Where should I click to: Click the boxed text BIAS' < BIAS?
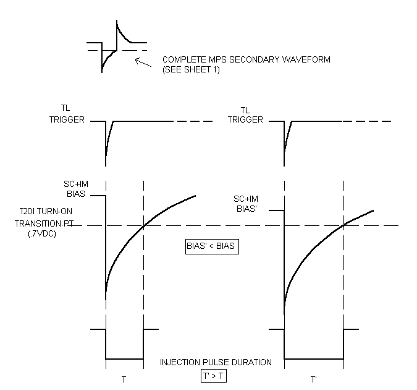point(212,246)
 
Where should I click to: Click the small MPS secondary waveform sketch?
point(117,46)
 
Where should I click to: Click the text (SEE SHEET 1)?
point(191,70)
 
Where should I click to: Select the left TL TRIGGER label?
point(67,115)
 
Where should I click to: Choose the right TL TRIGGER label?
point(246,115)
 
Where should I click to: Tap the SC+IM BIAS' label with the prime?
point(246,203)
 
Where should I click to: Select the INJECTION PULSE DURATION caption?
point(216,362)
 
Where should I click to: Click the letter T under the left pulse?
point(124,379)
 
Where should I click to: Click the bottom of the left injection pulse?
point(124,358)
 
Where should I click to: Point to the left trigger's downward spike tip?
point(106,164)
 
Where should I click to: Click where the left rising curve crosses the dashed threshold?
point(143,225)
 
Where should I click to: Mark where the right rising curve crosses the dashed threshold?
point(343,225)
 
